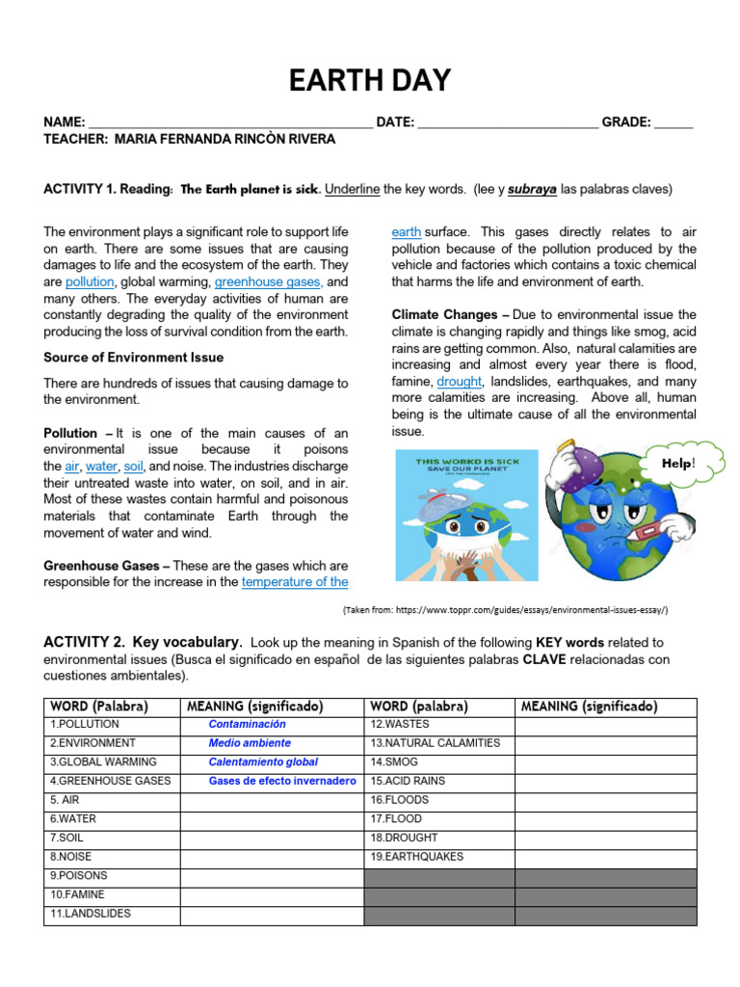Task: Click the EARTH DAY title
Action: click(370, 81)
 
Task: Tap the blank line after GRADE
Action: click(673, 123)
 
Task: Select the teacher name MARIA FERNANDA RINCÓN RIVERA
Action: click(225, 140)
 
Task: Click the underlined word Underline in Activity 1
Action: click(352, 189)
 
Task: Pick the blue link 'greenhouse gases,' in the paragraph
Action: click(268, 282)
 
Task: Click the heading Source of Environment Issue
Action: click(133, 358)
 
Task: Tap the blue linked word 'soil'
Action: click(133, 467)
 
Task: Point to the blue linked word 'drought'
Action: click(459, 382)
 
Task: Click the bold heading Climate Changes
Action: click(445, 315)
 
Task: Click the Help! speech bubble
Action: click(678, 464)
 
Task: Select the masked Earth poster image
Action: click(467, 518)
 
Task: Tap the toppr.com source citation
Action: click(505, 610)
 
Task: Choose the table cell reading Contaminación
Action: click(248, 725)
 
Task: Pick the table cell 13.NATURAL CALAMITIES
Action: click(435, 743)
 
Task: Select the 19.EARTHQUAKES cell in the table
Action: click(416, 857)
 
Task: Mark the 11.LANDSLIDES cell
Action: click(91, 914)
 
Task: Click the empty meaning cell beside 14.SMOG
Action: click(605, 762)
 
